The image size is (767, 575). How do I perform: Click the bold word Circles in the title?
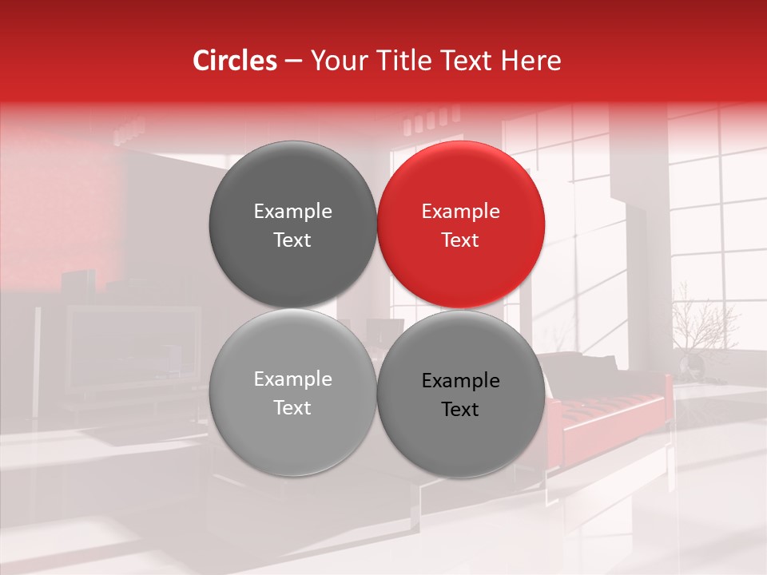coord(234,61)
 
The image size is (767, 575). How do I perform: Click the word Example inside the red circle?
coord(461,212)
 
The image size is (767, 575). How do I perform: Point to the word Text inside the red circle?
coord(461,240)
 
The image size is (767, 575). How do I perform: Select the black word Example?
coord(461,381)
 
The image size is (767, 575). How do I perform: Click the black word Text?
coord(461,410)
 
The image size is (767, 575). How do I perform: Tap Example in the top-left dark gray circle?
coord(292,212)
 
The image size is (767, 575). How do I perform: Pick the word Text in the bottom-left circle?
coord(292,407)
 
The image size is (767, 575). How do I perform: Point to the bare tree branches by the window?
coord(703,319)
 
